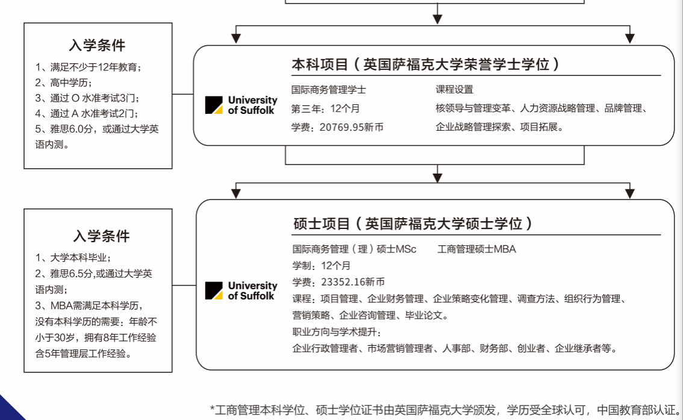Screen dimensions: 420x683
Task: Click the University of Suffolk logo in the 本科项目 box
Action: click(x=241, y=105)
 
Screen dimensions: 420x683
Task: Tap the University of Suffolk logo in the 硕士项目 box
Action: click(x=241, y=290)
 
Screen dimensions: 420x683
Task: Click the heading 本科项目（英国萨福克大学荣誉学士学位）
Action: click(x=426, y=64)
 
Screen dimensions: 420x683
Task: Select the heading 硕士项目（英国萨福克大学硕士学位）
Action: click(x=413, y=224)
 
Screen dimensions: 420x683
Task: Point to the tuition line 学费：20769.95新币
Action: click(x=337, y=127)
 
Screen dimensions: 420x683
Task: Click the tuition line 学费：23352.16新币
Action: click(x=338, y=282)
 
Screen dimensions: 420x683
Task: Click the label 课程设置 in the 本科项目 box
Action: click(x=455, y=90)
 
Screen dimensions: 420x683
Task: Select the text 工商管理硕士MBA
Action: click(x=476, y=249)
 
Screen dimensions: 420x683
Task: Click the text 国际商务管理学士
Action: click(x=329, y=90)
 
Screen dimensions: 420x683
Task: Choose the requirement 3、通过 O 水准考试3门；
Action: click(x=91, y=98)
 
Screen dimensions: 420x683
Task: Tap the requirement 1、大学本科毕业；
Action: click(x=73, y=258)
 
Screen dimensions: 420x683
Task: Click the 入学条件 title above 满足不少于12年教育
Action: click(x=98, y=46)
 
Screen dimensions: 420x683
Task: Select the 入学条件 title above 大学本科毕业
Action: click(x=101, y=236)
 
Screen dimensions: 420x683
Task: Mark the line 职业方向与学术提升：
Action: click(x=337, y=332)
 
